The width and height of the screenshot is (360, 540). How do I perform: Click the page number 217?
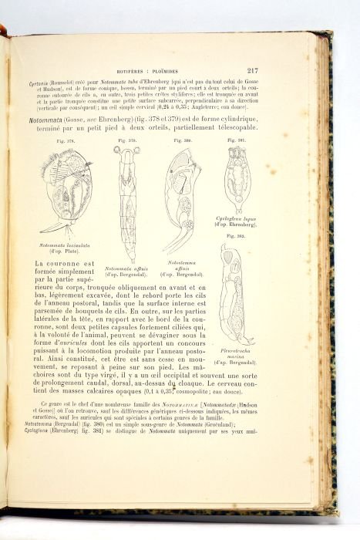252,70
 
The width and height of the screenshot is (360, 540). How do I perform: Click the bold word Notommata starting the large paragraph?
42,120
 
